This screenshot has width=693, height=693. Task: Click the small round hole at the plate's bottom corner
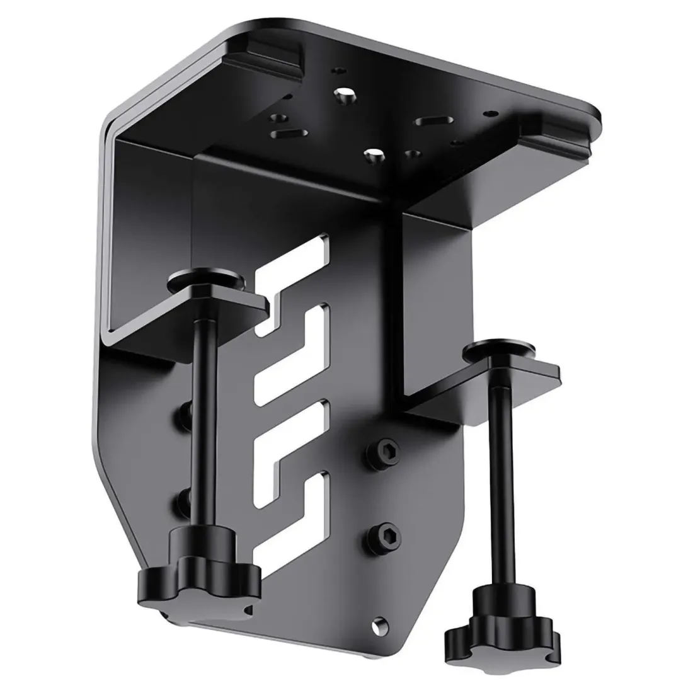(x=378, y=624)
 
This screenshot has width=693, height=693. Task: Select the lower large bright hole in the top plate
(x=374, y=154)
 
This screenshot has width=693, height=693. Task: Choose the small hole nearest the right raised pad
(x=486, y=114)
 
